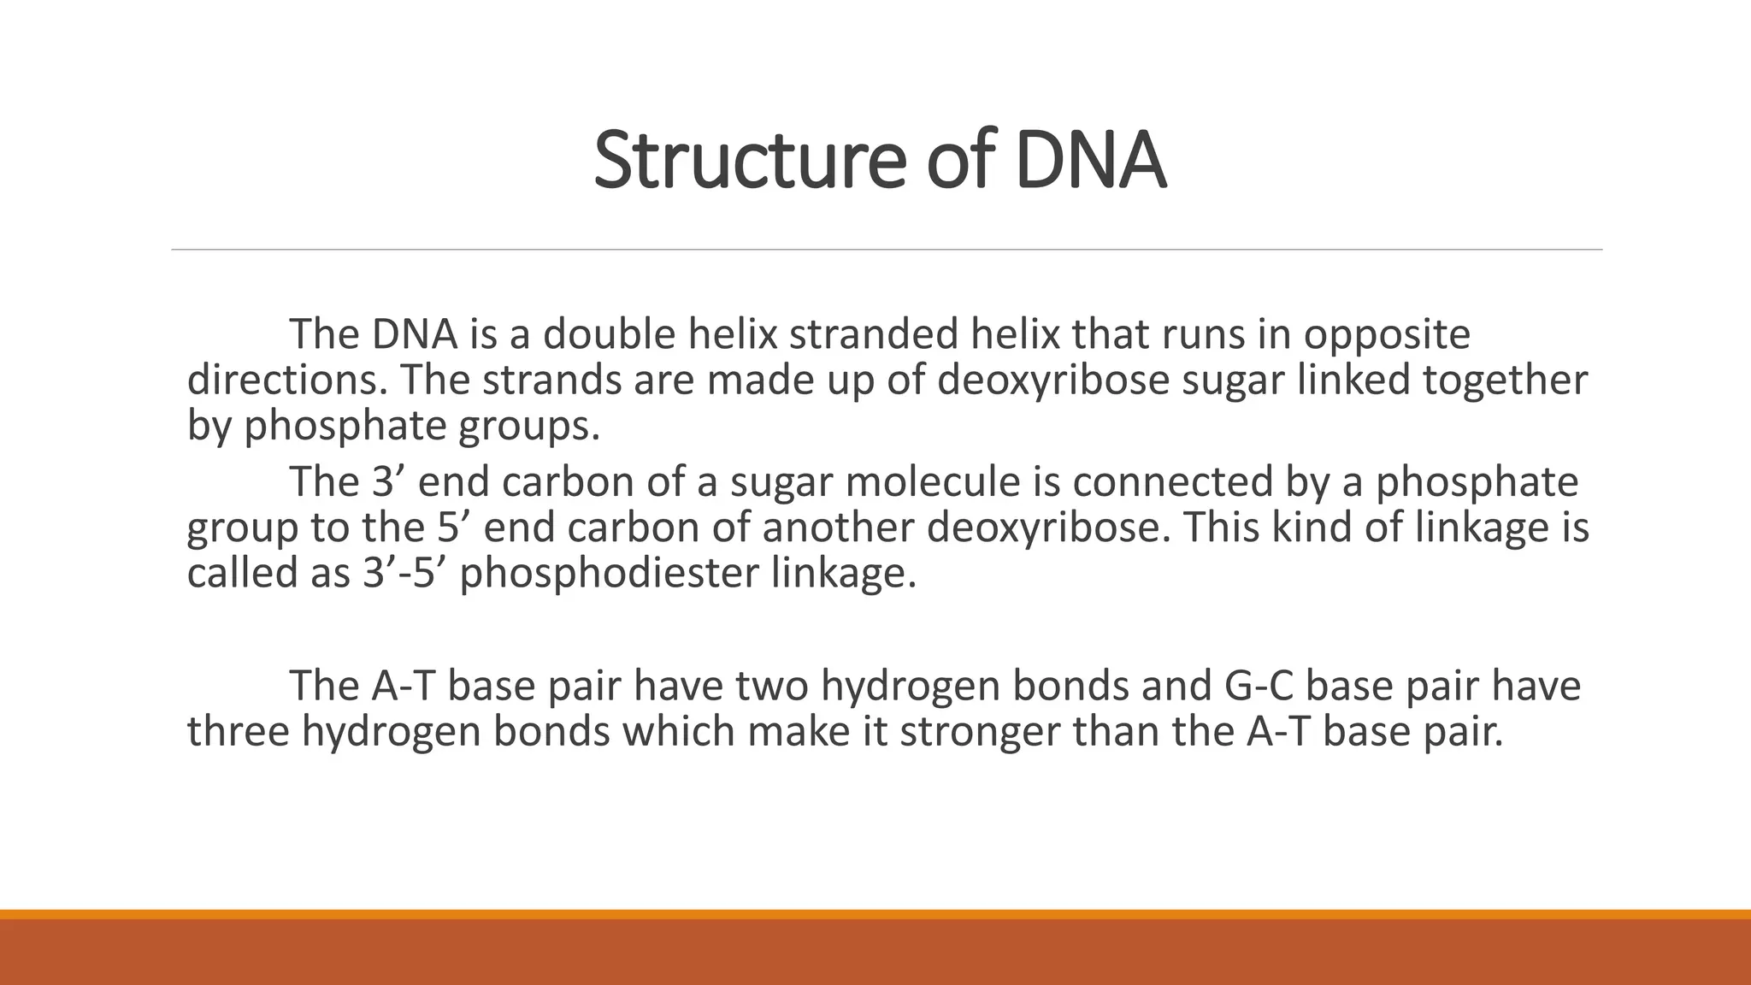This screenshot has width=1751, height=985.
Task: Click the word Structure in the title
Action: [749, 160]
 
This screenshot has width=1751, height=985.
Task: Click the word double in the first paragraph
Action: [609, 333]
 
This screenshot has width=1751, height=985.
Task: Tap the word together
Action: [1505, 380]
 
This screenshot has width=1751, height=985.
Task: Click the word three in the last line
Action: [238, 731]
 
